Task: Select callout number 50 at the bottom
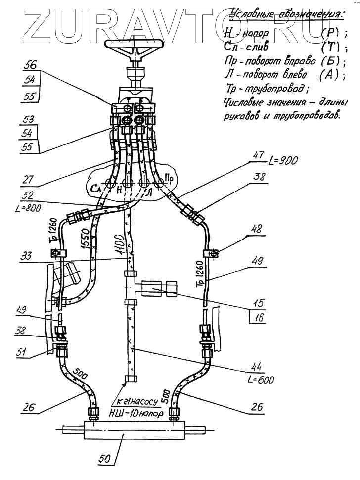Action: pyautogui.click(x=105, y=459)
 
